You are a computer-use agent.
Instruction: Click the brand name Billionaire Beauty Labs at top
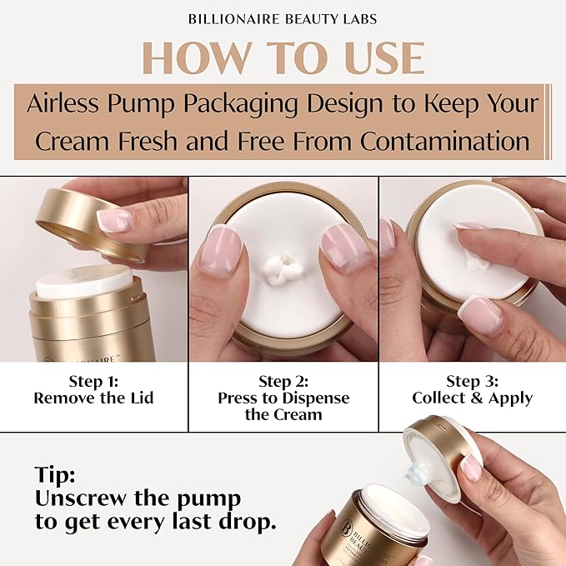click(x=283, y=19)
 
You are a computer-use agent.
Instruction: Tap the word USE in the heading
click(x=383, y=58)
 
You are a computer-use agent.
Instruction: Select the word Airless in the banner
click(x=63, y=103)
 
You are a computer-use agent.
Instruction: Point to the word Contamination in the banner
click(x=445, y=140)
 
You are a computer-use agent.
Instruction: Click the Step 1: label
click(x=93, y=381)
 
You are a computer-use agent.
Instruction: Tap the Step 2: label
click(x=283, y=381)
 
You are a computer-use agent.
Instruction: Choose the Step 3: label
click(x=472, y=381)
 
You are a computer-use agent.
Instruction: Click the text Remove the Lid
click(x=93, y=398)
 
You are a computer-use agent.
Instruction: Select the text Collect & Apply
click(x=472, y=398)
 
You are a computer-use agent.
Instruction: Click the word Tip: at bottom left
click(x=55, y=475)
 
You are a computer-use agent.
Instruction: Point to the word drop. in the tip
click(x=245, y=522)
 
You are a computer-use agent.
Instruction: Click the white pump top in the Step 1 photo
click(x=84, y=281)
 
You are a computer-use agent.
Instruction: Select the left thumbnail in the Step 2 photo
click(x=221, y=253)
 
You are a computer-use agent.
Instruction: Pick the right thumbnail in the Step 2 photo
click(x=342, y=248)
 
